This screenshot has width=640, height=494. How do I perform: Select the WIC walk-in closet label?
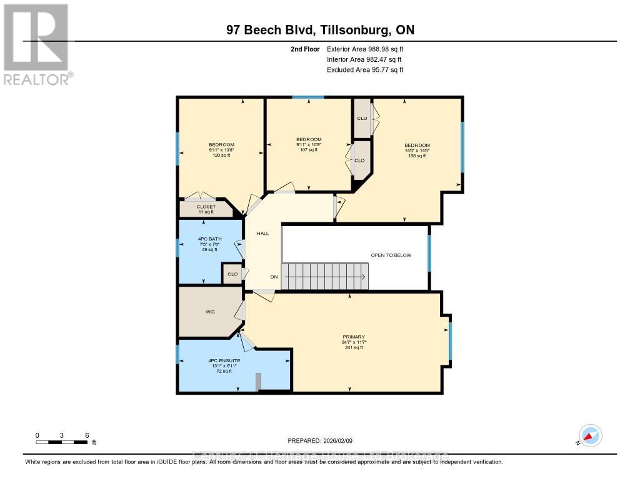tap(210, 312)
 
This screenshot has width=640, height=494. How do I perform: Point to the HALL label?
tap(262, 233)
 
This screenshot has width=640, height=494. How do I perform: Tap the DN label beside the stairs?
tap(274, 277)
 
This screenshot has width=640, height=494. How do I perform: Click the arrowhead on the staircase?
tap(362, 277)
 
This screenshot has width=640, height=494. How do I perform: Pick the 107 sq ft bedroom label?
tap(309, 144)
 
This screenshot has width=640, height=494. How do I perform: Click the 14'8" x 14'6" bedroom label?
tap(416, 151)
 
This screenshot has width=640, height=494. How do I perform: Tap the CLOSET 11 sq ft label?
tap(206, 209)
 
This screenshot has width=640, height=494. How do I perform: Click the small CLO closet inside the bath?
tap(232, 274)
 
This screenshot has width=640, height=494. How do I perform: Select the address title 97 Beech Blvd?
tap(320, 30)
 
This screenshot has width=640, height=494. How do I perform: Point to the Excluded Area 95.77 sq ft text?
tap(365, 70)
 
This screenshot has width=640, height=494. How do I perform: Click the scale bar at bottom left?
tap(62, 442)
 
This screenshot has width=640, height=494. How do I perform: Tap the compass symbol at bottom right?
tap(589, 435)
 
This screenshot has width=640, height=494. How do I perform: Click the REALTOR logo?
tap(36, 44)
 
